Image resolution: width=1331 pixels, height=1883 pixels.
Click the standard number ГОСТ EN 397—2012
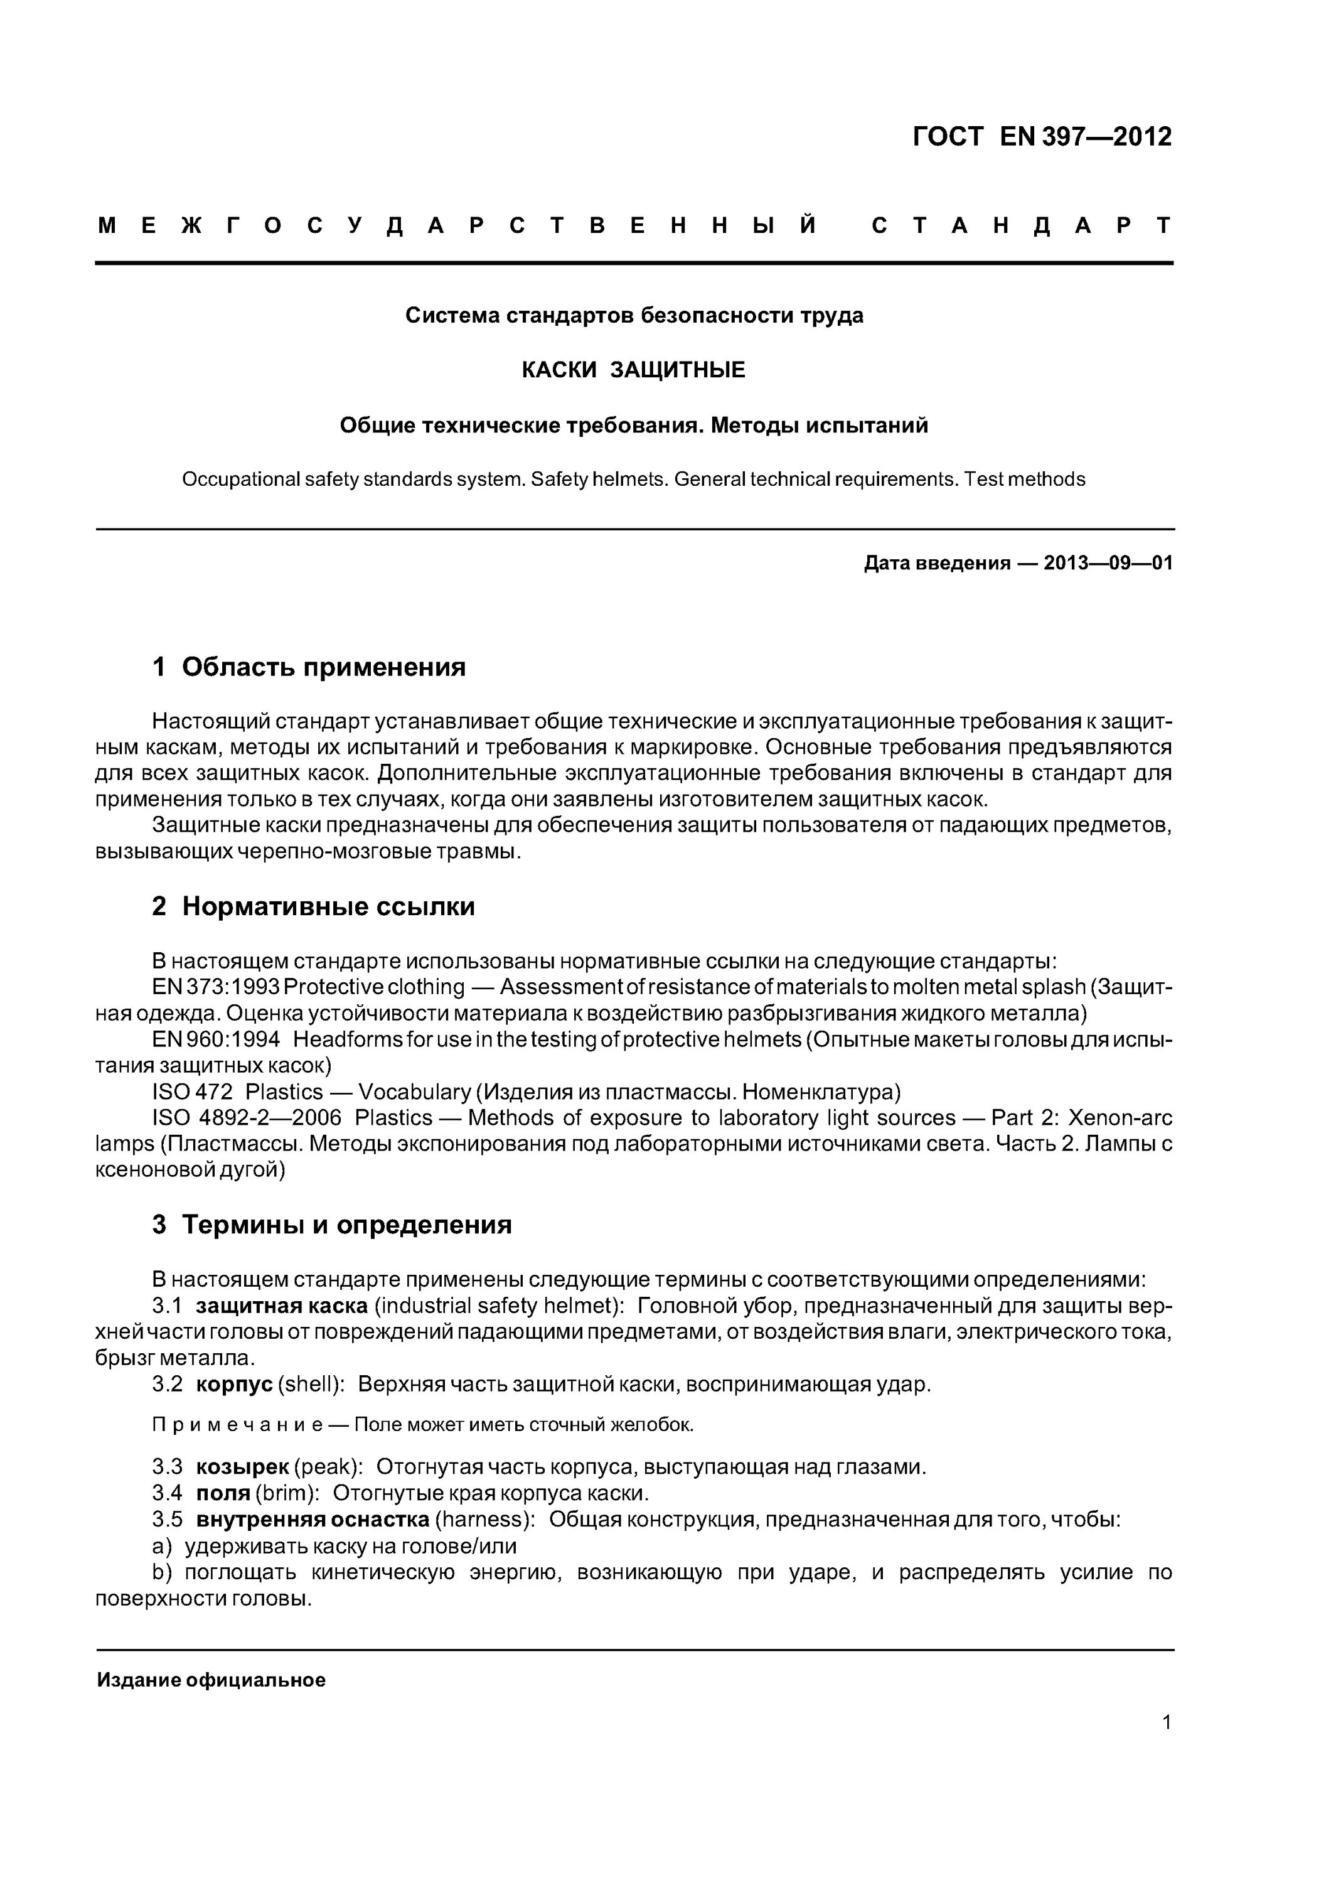click(1042, 137)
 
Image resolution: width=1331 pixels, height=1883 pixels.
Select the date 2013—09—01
click(1108, 564)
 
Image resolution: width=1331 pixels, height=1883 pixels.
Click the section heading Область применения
click(323, 667)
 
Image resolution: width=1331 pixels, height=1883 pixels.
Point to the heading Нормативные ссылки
click(328, 906)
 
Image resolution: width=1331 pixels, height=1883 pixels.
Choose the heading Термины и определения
click(346, 1225)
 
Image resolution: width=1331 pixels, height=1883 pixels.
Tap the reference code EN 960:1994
click(216, 1039)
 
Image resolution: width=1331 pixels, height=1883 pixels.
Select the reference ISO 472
click(192, 1092)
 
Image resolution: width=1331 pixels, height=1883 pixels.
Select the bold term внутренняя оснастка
click(313, 1519)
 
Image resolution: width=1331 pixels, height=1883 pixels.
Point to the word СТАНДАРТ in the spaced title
click(1021, 225)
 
